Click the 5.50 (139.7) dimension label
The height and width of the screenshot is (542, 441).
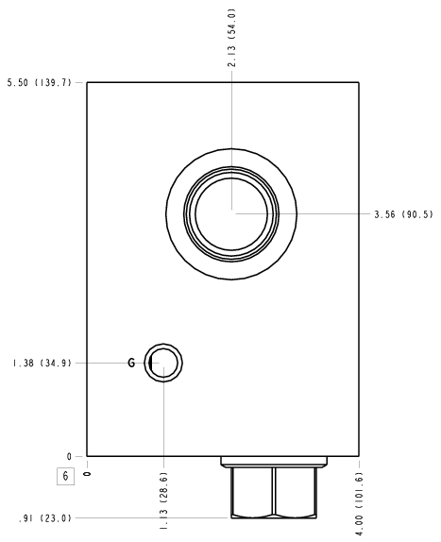point(40,82)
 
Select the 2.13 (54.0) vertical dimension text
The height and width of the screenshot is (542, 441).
point(231,38)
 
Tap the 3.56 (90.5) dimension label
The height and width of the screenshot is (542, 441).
point(403,214)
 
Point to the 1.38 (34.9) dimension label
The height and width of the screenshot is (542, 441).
point(42,364)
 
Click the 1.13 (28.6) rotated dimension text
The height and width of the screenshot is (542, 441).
point(163,500)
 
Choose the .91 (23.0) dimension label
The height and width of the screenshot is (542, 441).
point(45,518)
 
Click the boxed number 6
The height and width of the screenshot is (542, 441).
point(66,476)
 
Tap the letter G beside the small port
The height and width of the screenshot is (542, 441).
point(131,363)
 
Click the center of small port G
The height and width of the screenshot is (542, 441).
point(163,363)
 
